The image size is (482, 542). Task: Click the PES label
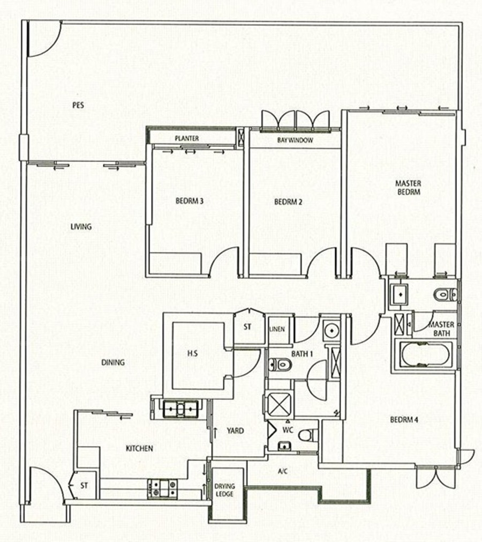pos(78,105)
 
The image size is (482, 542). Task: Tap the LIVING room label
pos(81,227)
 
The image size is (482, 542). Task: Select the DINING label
pos(113,362)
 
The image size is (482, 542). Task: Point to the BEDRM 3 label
pos(189,201)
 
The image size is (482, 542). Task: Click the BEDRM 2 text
pos(288,202)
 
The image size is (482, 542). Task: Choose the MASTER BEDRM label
pos(408,187)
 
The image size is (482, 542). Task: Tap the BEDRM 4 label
pos(404,420)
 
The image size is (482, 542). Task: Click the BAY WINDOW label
pos(295,140)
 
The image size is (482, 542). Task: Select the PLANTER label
pos(186,138)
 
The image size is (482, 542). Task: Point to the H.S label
pos(192,353)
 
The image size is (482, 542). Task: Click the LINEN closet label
pos(277,329)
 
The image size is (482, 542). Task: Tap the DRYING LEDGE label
pos(224,490)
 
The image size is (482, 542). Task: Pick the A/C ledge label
pos(282,471)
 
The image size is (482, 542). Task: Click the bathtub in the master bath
pos(425,355)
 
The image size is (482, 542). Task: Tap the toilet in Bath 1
pos(280,365)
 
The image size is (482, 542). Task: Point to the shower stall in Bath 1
pos(278,405)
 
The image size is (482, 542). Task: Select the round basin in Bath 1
pos(332,330)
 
